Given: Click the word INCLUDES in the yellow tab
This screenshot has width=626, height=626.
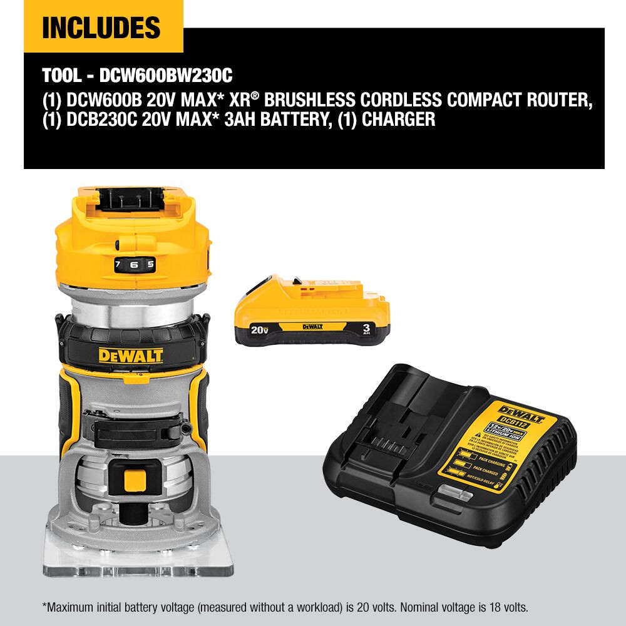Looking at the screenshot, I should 101,28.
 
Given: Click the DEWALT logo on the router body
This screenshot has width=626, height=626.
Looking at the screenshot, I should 131,356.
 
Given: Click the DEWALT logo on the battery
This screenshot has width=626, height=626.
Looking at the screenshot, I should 312,326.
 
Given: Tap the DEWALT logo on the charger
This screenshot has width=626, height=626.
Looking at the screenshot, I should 522,411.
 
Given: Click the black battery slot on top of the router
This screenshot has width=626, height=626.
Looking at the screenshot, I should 132,200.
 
